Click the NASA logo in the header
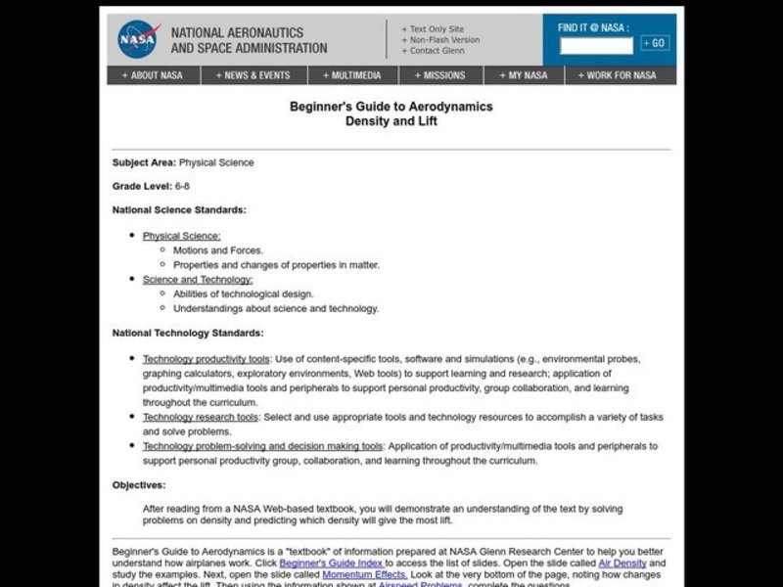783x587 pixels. point(137,40)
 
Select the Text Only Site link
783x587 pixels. point(434,28)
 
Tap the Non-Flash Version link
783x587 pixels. point(439,39)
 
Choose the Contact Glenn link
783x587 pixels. point(435,50)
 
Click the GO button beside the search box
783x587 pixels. point(655,43)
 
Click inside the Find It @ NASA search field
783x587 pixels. point(596,44)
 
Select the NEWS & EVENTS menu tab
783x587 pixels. point(254,75)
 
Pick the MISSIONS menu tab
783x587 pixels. point(439,75)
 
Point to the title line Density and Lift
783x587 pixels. point(391,122)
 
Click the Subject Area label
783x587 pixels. point(144,162)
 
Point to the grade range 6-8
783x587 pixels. point(182,186)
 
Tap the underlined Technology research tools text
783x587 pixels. point(201,417)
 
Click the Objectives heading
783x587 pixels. point(139,484)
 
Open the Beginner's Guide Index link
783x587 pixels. point(332,564)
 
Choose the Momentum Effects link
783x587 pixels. point(365,577)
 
